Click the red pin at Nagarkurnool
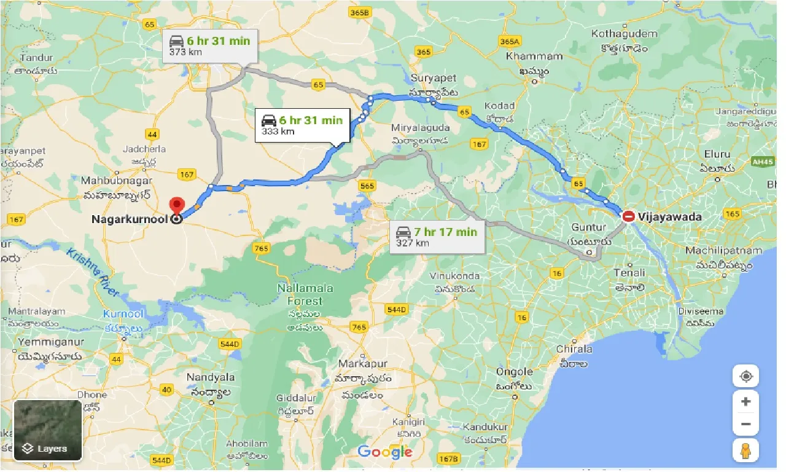point(176,205)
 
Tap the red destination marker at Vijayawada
point(629,216)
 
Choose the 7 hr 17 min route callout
point(437,237)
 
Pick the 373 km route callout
point(209,46)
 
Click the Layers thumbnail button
point(48,430)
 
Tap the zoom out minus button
point(745,424)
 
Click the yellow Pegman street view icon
point(745,450)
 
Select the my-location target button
point(745,376)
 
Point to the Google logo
point(385,452)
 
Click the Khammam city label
point(534,57)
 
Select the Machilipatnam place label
point(723,251)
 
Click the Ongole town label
point(514,372)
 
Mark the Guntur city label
point(588,227)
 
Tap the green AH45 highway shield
point(761,161)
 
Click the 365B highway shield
point(360,12)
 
